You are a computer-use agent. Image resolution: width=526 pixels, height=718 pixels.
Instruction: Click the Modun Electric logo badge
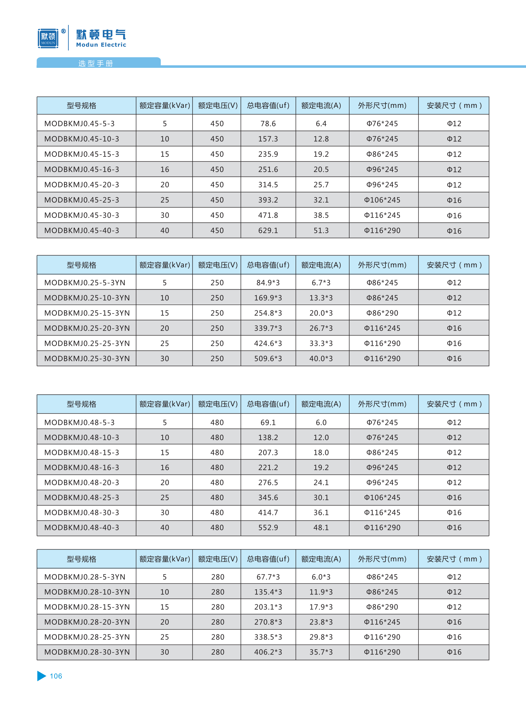click(48, 38)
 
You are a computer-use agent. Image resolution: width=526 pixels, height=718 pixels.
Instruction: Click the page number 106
click(56, 676)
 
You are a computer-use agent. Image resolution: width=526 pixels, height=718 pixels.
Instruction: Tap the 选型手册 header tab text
click(95, 63)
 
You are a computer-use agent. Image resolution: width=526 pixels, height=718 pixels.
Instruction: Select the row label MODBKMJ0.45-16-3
click(82, 169)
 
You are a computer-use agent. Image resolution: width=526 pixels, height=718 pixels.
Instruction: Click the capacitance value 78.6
click(268, 124)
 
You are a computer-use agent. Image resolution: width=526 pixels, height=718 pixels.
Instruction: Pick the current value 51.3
click(321, 230)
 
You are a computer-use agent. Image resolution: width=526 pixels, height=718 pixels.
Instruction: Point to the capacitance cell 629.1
click(268, 230)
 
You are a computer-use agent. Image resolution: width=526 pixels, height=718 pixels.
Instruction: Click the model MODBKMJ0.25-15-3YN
click(87, 313)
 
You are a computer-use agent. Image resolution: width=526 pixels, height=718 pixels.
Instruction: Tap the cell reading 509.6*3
click(268, 358)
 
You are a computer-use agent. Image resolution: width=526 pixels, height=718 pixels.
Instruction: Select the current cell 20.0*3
click(321, 313)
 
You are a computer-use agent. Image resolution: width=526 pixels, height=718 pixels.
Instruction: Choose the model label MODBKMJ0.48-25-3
click(82, 497)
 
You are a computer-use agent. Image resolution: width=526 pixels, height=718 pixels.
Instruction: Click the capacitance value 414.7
click(268, 512)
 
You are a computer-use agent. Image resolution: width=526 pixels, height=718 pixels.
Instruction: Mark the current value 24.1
click(321, 482)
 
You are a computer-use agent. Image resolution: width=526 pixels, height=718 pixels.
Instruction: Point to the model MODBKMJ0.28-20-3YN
click(87, 622)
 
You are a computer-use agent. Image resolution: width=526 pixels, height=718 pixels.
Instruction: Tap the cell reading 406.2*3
click(268, 652)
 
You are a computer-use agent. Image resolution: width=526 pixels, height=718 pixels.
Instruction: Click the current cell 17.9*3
click(321, 607)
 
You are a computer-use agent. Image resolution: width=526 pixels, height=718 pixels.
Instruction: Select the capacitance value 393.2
click(268, 200)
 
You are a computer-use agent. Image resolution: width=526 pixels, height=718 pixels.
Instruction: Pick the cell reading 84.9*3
click(268, 283)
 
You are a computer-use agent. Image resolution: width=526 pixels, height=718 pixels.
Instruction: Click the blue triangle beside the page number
click(41, 676)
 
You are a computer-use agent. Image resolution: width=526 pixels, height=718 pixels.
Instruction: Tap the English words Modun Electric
click(101, 45)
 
